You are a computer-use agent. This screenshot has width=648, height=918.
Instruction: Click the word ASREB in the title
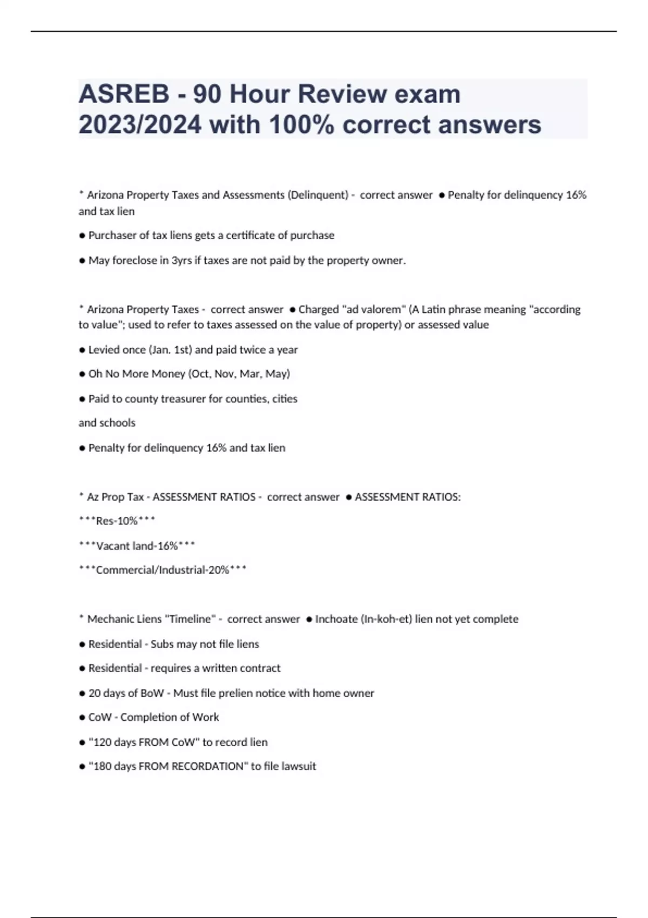point(124,94)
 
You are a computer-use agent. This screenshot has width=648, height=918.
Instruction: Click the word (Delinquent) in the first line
point(319,195)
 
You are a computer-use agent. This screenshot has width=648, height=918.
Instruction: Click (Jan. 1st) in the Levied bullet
point(170,350)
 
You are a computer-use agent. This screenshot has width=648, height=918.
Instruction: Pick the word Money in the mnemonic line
point(168,374)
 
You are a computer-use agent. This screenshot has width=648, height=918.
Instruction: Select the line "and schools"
point(107,423)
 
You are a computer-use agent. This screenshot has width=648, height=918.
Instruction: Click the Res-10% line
point(117,521)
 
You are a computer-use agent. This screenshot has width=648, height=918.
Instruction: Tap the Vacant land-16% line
point(137,546)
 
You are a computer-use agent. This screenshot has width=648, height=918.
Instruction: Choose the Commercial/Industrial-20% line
point(163,570)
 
